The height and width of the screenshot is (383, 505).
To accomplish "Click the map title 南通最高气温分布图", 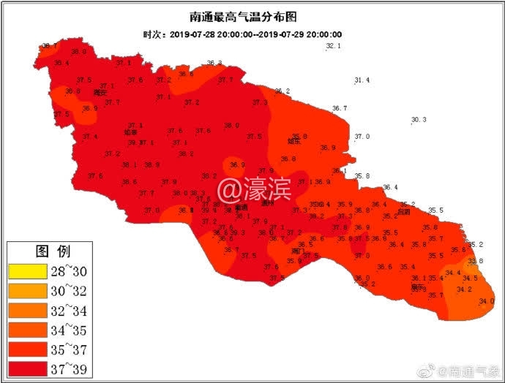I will click(252, 16).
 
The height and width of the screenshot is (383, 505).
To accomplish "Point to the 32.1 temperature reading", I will click(333, 46).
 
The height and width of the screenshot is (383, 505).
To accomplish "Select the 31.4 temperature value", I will click(362, 80).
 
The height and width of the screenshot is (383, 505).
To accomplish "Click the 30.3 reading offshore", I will click(419, 120).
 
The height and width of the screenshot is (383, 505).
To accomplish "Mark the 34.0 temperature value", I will click(486, 301).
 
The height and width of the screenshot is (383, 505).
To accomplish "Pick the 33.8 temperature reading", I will click(476, 261).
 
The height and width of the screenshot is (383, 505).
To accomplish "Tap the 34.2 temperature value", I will click(464, 289).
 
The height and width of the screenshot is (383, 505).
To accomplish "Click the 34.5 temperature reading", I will click(471, 278).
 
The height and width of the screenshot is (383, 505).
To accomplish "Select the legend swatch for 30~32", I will click(27, 290).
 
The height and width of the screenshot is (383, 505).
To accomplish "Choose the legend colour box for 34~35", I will click(27, 330).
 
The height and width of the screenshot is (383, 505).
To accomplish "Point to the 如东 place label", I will click(295, 142).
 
